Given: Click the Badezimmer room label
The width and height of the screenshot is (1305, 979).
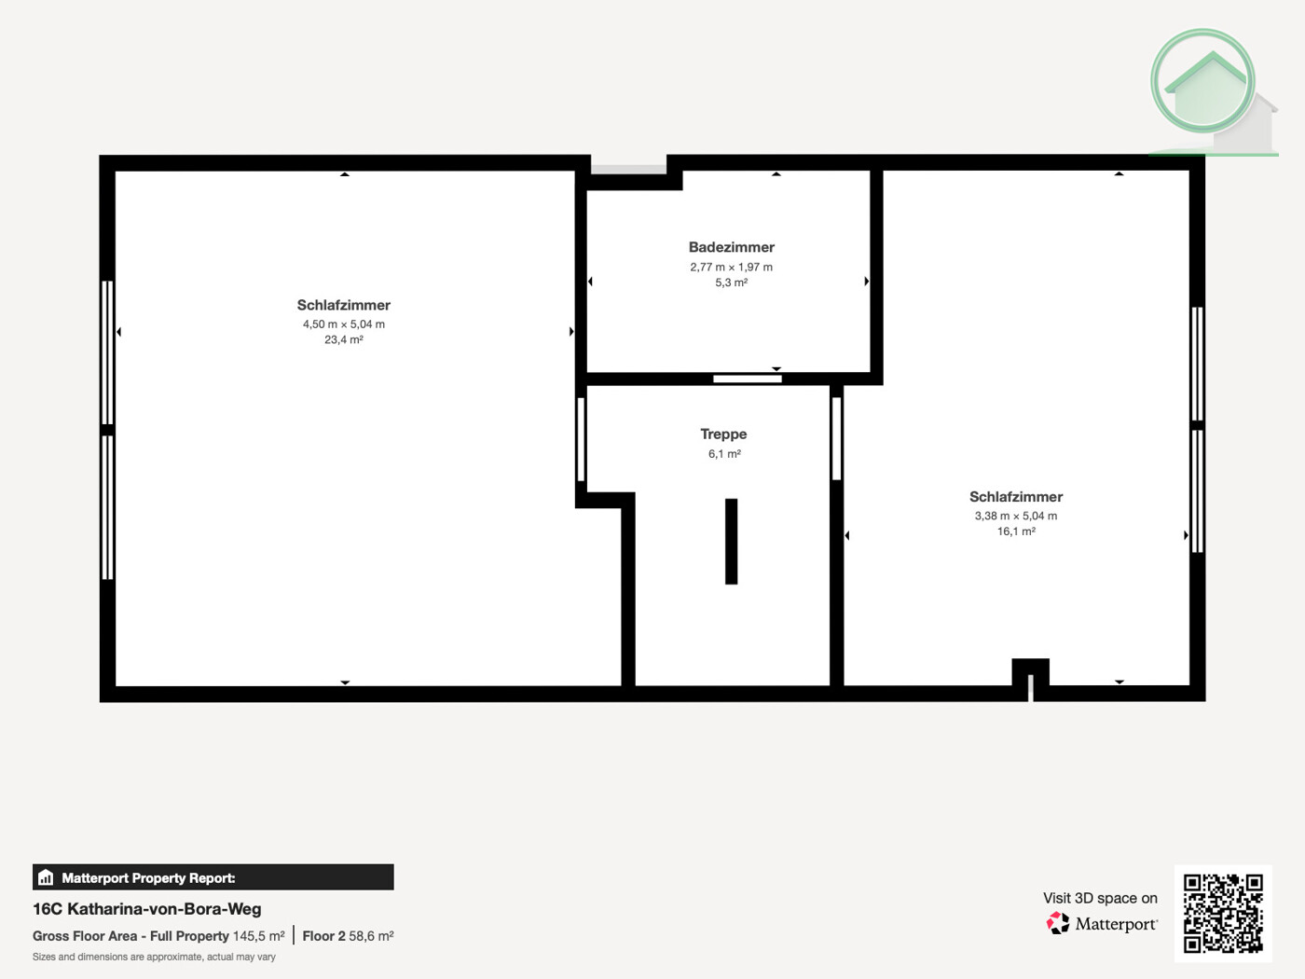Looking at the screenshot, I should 731,247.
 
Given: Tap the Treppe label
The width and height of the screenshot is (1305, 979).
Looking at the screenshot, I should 723,434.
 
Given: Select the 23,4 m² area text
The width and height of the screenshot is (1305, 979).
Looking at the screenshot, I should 343,340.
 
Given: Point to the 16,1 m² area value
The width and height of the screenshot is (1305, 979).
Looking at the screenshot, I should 1016,531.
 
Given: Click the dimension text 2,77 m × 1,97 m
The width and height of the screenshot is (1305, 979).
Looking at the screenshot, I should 731,267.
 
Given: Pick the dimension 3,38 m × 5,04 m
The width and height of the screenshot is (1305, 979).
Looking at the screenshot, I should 1016,516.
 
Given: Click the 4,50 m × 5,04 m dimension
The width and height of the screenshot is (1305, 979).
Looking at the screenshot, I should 343,324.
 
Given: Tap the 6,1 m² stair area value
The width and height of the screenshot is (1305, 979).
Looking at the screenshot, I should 724,454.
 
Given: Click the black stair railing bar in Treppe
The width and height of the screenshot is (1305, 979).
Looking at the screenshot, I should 731,542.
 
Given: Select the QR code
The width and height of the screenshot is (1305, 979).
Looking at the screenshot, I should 1223,914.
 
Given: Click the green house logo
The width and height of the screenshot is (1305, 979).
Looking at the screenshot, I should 1207,89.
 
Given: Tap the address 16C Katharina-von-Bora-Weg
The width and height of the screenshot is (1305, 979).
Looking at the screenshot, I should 147,909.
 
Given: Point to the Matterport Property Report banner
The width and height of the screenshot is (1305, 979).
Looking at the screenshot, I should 213,877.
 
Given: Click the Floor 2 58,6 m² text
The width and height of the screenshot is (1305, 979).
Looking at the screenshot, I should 348,936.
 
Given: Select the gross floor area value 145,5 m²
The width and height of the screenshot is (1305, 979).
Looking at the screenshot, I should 258,936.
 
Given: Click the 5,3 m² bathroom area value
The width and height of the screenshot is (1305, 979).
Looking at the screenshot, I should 731,283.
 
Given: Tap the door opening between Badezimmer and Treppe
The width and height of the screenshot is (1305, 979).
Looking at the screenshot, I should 748,379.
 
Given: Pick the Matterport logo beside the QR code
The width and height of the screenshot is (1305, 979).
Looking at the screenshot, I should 1102,924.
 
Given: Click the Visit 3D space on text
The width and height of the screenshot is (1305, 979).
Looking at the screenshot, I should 1100,898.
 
